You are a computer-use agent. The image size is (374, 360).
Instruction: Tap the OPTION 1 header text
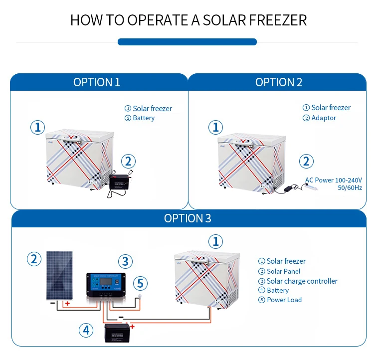97,82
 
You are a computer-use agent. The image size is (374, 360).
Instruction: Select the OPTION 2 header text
279,82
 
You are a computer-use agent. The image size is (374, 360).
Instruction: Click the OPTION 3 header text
187,218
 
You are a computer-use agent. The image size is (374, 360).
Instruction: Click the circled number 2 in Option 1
128,161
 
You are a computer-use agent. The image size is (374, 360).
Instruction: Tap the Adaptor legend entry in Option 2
324,118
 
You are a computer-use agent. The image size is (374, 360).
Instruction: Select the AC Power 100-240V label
334,180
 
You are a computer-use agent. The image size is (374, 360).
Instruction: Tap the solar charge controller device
108,286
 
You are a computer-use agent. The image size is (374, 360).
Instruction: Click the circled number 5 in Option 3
140,284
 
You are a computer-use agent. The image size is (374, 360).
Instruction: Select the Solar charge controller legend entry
302,281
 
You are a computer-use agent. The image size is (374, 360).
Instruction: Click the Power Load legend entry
284,300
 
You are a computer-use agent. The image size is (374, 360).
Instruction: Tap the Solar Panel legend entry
283,271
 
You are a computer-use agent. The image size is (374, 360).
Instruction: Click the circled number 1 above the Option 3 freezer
215,242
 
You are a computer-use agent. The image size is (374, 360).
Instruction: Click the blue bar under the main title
187,42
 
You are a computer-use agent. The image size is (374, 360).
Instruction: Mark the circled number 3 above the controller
125,261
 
